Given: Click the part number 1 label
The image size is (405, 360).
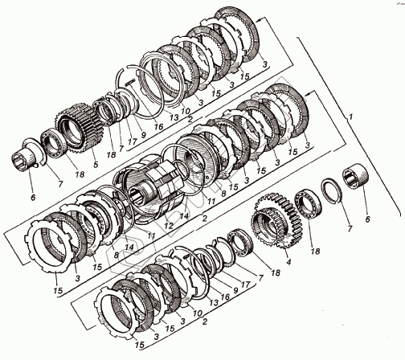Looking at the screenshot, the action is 351,117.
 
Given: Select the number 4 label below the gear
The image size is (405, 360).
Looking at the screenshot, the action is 288,261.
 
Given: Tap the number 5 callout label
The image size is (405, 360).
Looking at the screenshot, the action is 96,164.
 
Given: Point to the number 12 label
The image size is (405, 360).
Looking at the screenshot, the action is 169,226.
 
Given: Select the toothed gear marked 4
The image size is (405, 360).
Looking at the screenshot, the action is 276,219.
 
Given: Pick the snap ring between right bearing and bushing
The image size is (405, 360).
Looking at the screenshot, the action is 332,191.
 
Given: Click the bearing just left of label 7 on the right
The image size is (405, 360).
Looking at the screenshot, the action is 308,204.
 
